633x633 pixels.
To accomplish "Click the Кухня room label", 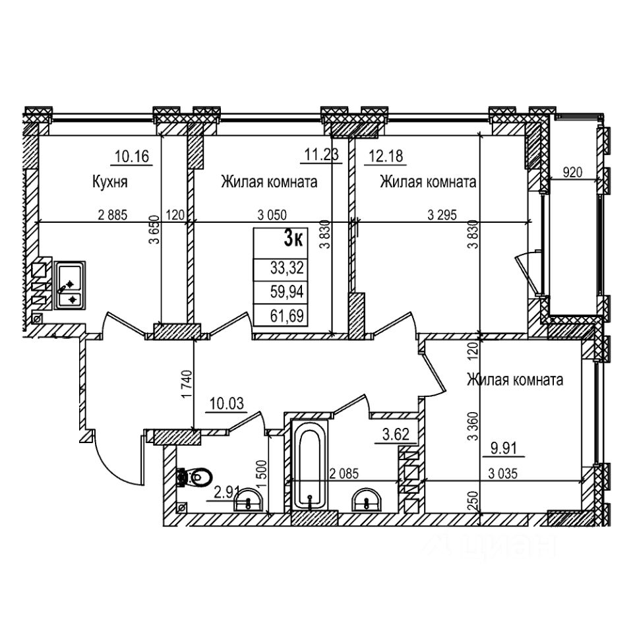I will tap(109, 183).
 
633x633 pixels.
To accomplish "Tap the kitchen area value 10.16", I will tap(133, 157).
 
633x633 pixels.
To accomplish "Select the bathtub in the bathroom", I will tap(309, 466).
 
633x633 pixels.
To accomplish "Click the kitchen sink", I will tap(69, 286).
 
